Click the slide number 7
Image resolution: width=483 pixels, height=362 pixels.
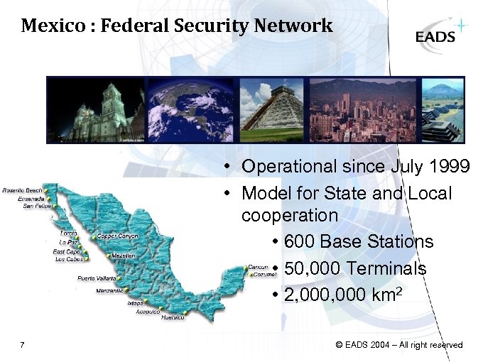[23, 346]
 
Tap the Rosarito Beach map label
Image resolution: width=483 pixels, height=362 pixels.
[21, 191]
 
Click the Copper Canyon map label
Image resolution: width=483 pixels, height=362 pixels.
[118, 236]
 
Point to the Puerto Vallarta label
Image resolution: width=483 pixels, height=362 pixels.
[97, 278]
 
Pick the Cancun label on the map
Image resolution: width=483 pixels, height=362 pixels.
[258, 268]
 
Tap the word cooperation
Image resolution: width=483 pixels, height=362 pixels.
[289, 215]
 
